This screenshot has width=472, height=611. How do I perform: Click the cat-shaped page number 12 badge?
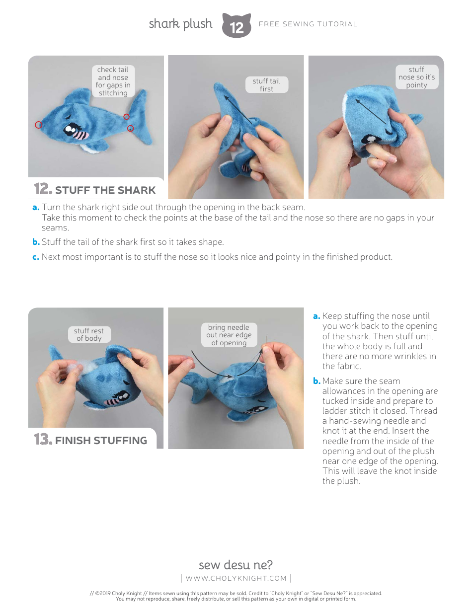tap(236, 26)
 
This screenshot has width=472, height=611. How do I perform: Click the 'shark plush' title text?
tap(180, 24)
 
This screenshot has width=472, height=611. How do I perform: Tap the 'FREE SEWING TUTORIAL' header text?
tap(308, 24)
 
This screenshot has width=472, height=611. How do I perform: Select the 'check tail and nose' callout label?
tap(113, 81)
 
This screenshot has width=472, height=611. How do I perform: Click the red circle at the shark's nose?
tap(39, 125)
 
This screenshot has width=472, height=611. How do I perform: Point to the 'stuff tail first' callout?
tap(266, 84)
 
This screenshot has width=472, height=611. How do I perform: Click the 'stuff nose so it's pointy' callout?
tap(416, 77)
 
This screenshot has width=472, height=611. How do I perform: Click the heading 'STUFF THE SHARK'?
tap(105, 190)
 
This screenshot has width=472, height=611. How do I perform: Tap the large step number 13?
tap(43, 440)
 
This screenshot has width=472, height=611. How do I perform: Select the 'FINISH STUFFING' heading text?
tap(101, 441)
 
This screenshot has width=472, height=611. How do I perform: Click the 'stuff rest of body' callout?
tap(89, 334)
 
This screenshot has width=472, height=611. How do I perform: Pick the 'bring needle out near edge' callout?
tap(229, 335)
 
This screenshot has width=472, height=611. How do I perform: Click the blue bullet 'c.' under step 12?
tap(36, 257)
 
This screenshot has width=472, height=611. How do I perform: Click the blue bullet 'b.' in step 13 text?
tap(316, 381)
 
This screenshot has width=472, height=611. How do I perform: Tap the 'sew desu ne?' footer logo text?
tap(236, 565)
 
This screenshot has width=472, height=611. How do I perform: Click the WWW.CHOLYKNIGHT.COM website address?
tap(236, 578)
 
